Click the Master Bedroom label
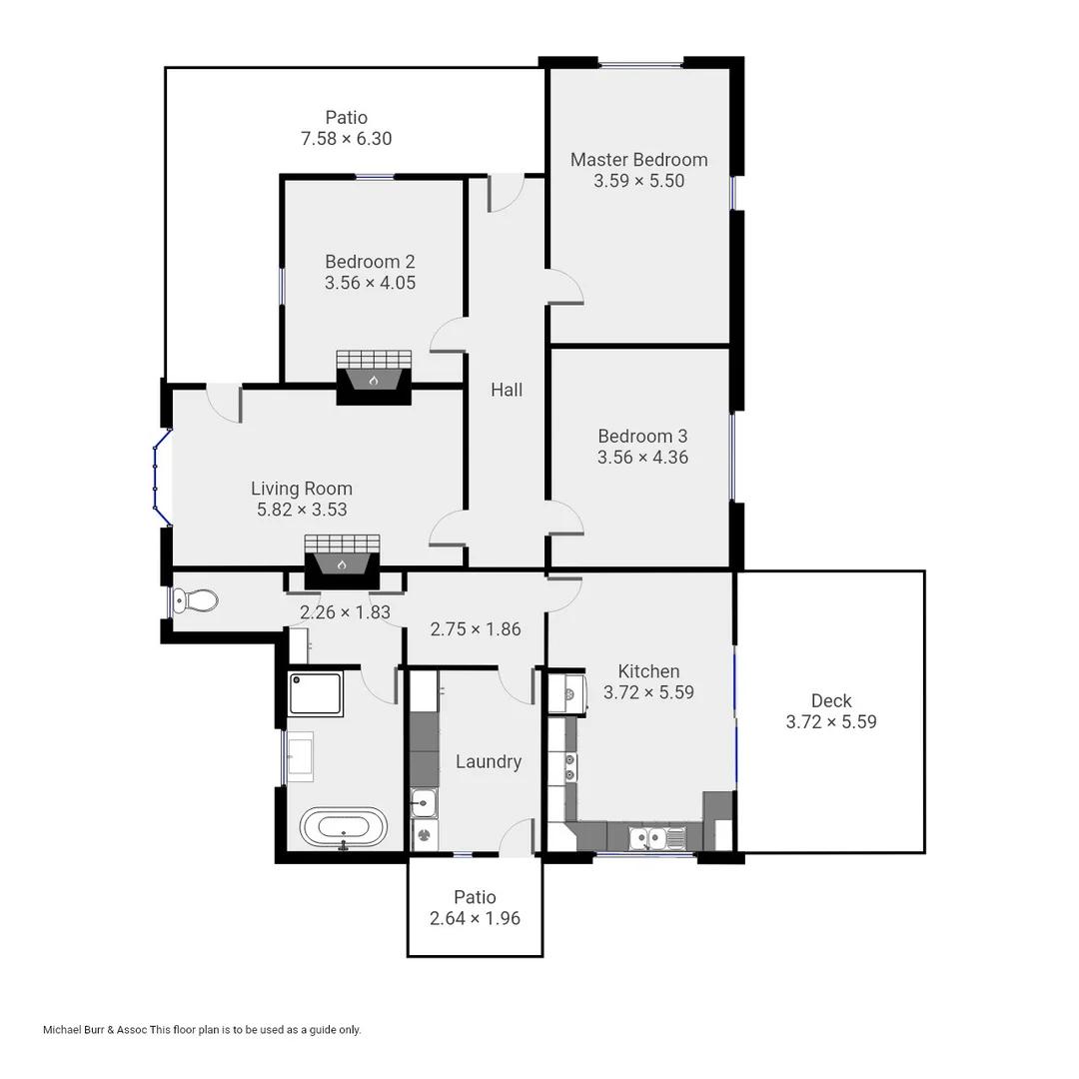click(x=638, y=159)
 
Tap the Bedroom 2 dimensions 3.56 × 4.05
click(x=370, y=283)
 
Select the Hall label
click(x=507, y=390)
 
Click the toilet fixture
click(x=195, y=600)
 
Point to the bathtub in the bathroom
click(x=343, y=828)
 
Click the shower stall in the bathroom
click(x=316, y=693)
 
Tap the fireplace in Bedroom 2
click(x=374, y=378)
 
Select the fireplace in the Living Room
click(x=342, y=562)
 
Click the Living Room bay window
click(x=160, y=478)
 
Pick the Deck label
click(x=831, y=700)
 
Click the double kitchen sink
click(x=655, y=837)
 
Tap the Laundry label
click(x=489, y=761)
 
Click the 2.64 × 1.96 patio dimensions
click(x=475, y=918)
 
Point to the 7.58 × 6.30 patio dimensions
click(x=346, y=139)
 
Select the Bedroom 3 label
click(x=642, y=436)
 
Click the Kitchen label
click(x=648, y=671)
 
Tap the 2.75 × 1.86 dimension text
click(x=475, y=629)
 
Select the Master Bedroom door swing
click(x=566, y=287)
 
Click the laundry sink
click(x=424, y=801)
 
